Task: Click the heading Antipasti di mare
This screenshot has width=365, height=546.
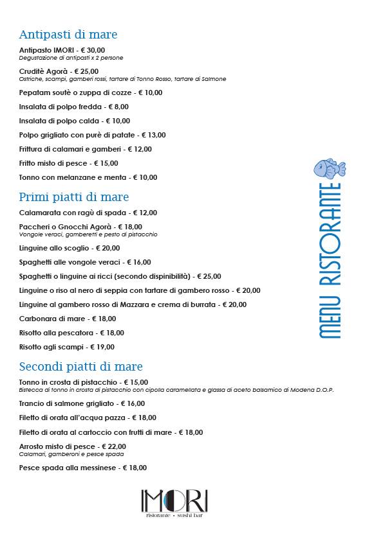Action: [x=68, y=35]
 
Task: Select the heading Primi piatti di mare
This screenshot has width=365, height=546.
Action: [x=74, y=197]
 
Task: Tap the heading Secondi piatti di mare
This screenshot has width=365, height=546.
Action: [x=80, y=367]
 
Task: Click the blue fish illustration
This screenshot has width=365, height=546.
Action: [x=329, y=169]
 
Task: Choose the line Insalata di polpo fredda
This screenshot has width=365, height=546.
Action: [x=74, y=107]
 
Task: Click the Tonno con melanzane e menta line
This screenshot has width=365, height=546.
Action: [x=88, y=177]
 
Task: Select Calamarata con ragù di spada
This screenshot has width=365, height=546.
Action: [x=88, y=213]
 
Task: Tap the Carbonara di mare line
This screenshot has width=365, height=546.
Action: [x=68, y=319]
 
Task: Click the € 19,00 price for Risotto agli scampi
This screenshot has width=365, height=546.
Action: [x=102, y=347]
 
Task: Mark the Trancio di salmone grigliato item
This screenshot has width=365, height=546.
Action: [x=82, y=404]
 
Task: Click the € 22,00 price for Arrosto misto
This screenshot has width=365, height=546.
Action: [x=114, y=446]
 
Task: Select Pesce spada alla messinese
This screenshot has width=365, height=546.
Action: [x=83, y=468]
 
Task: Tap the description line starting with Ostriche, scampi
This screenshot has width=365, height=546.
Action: [x=122, y=79]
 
